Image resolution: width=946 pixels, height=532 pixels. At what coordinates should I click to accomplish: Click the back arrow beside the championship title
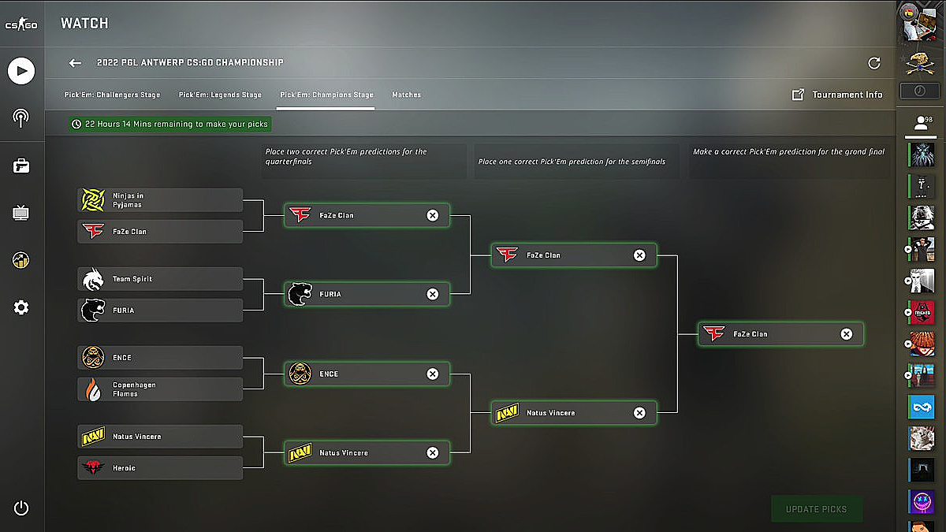coord(75,63)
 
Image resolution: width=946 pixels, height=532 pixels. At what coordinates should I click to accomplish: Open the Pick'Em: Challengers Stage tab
coord(112,95)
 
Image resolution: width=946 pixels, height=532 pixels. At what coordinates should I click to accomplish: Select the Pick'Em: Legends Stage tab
coord(220,95)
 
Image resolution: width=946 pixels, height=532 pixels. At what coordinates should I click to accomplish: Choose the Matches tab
coord(406,95)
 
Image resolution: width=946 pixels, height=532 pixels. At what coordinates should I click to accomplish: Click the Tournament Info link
coord(837,95)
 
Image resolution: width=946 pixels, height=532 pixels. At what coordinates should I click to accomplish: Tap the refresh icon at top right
coord(873,63)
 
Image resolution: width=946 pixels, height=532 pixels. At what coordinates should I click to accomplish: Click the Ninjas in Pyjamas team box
coord(160,200)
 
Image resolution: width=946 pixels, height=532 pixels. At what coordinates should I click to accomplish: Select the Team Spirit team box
coord(160,279)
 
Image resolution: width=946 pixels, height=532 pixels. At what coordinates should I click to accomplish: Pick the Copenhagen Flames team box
coord(160,389)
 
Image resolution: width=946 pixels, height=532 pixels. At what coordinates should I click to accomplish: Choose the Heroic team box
coord(160,468)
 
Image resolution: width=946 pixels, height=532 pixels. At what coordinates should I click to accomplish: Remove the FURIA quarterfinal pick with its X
coord(432,294)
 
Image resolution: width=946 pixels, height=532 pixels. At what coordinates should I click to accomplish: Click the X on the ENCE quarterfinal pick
coord(432,374)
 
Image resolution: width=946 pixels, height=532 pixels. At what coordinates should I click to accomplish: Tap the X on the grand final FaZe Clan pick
coord(846,334)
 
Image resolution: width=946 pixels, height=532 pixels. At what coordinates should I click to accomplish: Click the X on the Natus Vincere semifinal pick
coord(639,412)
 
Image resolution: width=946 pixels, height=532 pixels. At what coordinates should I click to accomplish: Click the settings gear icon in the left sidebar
coord(21,307)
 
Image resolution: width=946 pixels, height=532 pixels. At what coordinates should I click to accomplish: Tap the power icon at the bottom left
coord(21,508)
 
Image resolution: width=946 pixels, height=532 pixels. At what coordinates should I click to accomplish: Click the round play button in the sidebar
coord(21,72)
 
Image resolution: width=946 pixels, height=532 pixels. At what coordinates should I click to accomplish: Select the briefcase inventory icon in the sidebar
coord(21,166)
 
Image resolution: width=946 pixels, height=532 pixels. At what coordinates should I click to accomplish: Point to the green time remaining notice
coord(169,124)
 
